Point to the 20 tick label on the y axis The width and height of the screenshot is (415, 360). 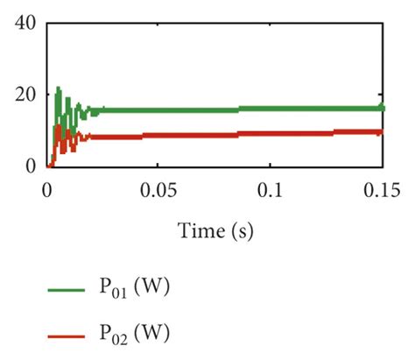(x=25, y=94)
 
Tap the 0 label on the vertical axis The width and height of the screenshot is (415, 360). (x=31, y=166)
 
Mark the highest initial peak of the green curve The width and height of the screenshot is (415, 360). (x=58, y=88)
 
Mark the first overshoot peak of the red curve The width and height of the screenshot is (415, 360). (x=58, y=126)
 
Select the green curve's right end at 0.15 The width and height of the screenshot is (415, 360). (x=382, y=108)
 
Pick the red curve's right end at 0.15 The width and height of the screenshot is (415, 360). (x=382, y=131)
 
